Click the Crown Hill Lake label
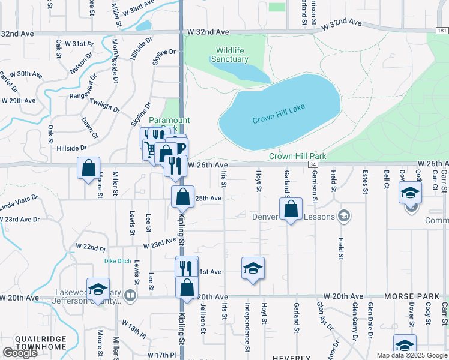pyautogui.click(x=279, y=114)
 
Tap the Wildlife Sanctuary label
pyautogui.click(x=229, y=55)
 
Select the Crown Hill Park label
pyautogui.click(x=297, y=156)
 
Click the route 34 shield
pyautogui.click(x=313, y=164)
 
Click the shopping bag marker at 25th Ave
pyautogui.click(x=182, y=196)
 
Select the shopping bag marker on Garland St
pyautogui.click(x=291, y=209)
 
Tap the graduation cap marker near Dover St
pyautogui.click(x=411, y=192)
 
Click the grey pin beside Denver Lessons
pyautogui.click(x=344, y=215)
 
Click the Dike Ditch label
pyautogui.click(x=118, y=261)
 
